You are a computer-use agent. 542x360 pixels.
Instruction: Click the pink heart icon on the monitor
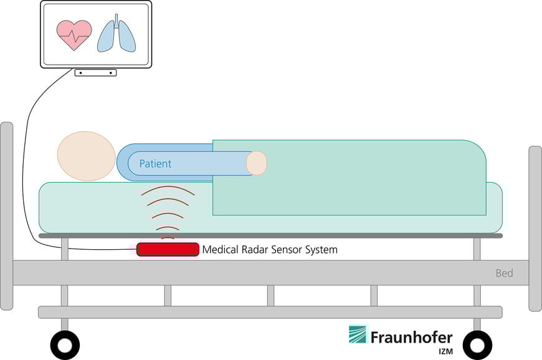74,35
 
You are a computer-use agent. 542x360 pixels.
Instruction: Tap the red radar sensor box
168,250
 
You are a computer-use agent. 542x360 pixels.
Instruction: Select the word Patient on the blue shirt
155,164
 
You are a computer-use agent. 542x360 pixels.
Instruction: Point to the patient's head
86,156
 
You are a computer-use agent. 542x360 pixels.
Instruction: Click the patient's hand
256,163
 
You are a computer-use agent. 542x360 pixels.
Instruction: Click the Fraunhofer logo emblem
358,334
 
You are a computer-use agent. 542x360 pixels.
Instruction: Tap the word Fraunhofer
411,337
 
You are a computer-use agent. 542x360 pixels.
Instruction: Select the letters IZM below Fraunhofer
444,351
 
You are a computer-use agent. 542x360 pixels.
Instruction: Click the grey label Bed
504,273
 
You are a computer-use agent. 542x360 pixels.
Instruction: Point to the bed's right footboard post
535,227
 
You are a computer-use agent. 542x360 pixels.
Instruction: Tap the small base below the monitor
95,73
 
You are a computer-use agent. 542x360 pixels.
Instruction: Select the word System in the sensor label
320,250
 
